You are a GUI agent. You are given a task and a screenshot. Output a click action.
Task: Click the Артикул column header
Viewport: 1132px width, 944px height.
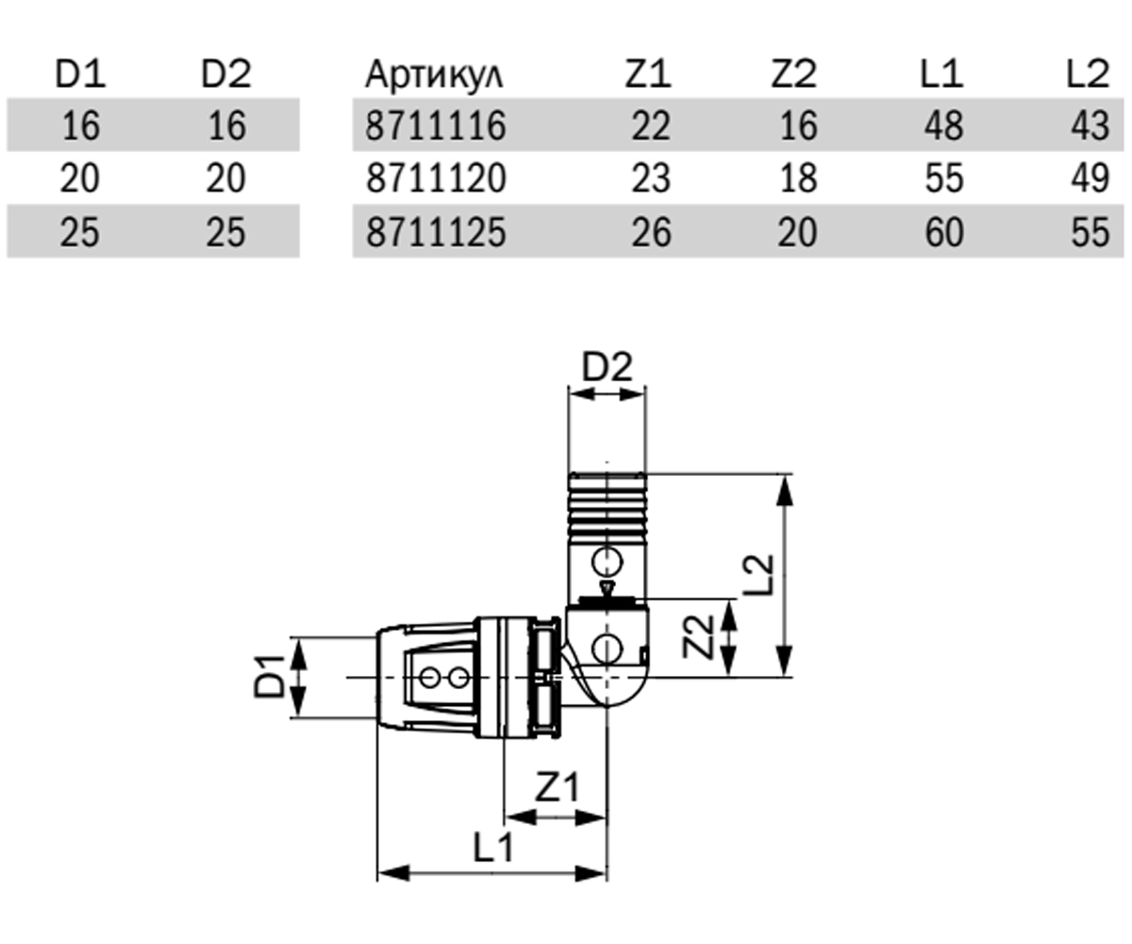pos(434,75)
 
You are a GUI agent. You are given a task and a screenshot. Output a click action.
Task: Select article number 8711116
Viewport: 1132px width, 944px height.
pos(436,126)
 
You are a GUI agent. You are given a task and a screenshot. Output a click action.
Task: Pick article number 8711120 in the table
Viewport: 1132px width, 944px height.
pos(436,178)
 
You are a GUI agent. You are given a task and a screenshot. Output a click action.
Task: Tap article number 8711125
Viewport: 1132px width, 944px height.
pos(436,231)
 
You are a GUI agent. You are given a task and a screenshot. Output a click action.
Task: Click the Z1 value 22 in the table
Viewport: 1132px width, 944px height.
pos(651,126)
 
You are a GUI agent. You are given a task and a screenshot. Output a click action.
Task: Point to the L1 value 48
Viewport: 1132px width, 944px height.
pos(944,126)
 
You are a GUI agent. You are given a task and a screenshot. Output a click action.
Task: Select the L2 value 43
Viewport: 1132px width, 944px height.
pos(1090,126)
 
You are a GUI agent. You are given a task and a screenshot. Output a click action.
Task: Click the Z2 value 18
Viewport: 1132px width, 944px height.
pos(798,178)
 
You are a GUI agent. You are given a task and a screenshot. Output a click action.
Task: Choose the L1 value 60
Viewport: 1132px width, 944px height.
pos(944,231)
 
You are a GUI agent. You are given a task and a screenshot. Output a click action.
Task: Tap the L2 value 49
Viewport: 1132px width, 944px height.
pos(1090,178)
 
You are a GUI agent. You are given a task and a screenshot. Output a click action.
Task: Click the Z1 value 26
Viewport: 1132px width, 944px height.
pos(651,231)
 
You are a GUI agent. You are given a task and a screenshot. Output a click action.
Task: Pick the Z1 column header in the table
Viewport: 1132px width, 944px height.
pos(648,74)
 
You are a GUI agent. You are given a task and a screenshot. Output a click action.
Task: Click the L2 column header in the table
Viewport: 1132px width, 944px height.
pos(1088,74)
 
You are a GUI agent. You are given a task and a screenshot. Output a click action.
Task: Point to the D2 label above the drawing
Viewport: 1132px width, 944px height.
pos(607,367)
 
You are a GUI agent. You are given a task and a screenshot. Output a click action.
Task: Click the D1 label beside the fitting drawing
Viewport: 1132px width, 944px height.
pos(270,676)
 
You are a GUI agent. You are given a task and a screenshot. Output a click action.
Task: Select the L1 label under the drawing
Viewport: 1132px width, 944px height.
pos(492,847)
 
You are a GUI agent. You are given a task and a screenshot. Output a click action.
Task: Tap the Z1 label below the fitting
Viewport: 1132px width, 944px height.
pos(557,786)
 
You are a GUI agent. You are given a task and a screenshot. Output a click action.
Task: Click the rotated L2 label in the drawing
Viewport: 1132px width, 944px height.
pos(757,575)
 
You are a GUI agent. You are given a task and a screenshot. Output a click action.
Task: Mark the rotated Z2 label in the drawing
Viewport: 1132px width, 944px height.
pos(698,637)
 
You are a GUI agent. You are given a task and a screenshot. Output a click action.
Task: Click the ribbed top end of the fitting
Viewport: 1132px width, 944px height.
pos(607,504)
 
